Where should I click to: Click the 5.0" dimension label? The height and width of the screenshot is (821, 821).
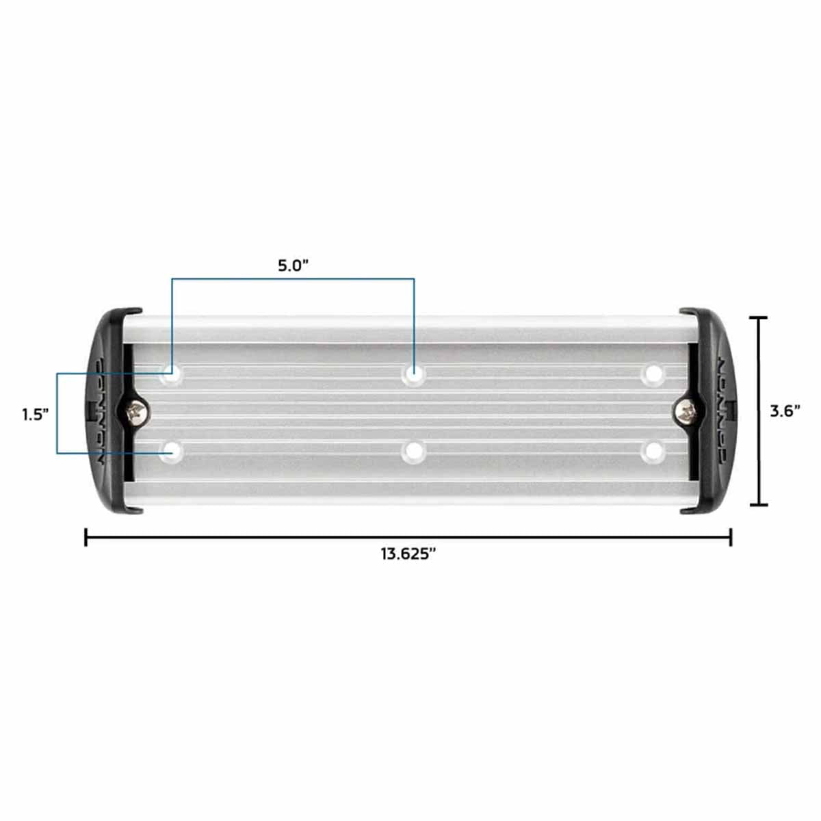coord(294,265)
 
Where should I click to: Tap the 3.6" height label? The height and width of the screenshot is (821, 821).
coord(784,410)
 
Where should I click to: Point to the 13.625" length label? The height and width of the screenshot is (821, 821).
coord(409,554)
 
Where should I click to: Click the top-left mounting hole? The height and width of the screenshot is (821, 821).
coord(170,374)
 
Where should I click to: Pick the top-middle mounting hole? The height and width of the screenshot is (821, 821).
coord(413,374)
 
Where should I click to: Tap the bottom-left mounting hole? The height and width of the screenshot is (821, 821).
coord(170,451)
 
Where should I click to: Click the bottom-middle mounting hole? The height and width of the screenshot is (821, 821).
coord(413,451)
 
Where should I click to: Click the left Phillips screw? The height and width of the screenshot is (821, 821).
coord(134,412)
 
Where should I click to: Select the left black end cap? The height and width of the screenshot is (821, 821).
coord(109,410)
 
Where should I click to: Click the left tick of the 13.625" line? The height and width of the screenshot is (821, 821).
coord(86,537)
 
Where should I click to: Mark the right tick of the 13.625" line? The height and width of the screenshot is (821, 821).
coord(731,537)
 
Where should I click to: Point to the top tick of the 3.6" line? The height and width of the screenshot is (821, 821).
coord(758,318)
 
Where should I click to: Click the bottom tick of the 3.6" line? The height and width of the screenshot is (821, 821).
coord(758,505)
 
